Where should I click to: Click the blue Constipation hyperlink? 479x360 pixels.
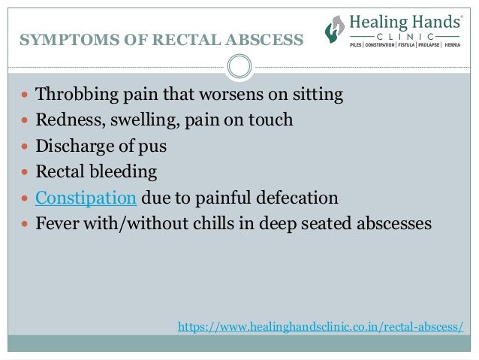click(86, 198)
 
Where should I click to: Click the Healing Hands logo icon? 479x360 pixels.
click(334, 29)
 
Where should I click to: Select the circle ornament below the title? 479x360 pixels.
click(239, 67)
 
